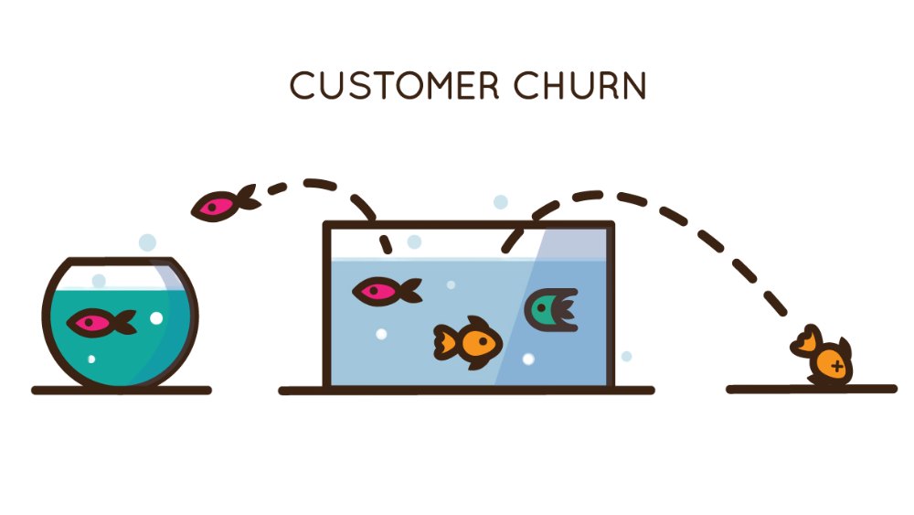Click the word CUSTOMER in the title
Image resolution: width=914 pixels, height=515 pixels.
click(394, 86)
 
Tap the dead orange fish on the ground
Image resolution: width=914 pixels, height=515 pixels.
click(824, 359)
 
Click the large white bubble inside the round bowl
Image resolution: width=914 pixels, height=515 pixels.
click(155, 318)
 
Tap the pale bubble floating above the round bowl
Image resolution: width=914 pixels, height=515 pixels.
click(147, 242)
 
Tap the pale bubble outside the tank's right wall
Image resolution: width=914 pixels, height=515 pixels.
click(626, 356)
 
